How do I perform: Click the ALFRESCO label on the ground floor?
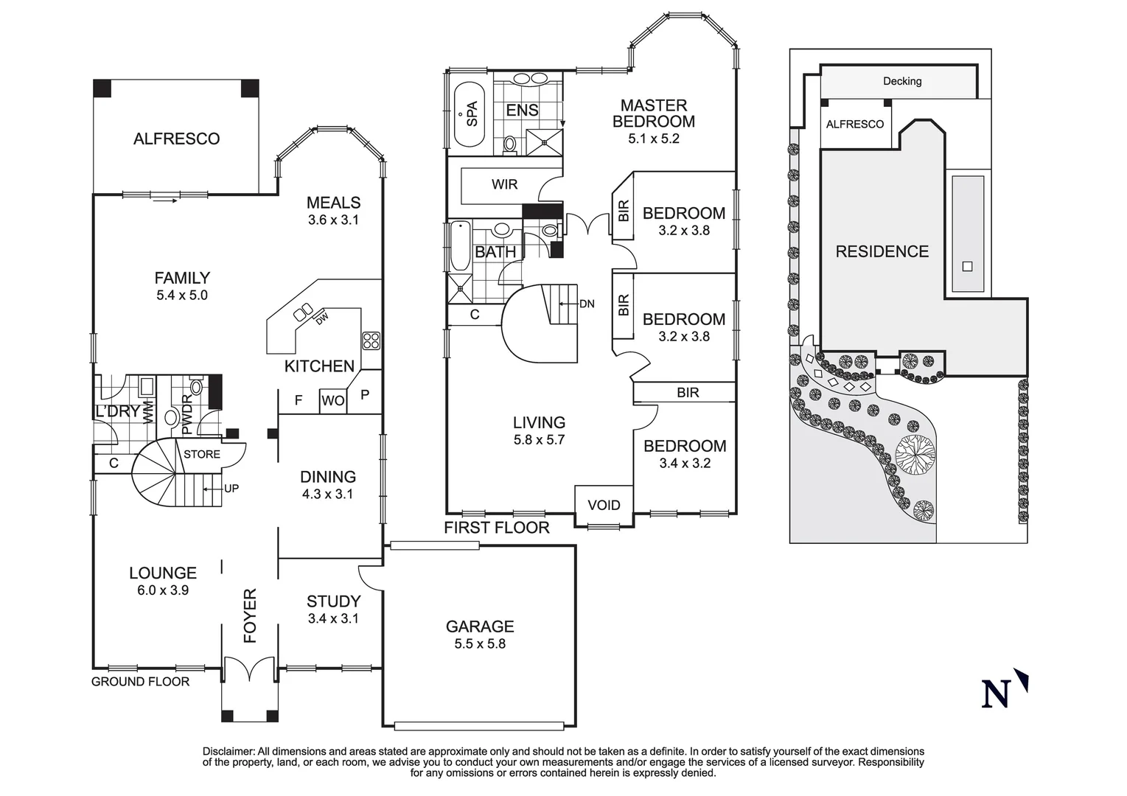pyautogui.click(x=176, y=139)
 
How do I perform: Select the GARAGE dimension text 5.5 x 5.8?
pyautogui.click(x=480, y=644)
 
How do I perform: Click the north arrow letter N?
pyautogui.click(x=996, y=694)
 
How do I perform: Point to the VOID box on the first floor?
pyautogui.click(x=604, y=505)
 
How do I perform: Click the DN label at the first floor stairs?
pyautogui.click(x=587, y=304)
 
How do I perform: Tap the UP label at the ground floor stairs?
pyautogui.click(x=231, y=488)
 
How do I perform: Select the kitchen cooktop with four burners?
pyautogui.click(x=371, y=341)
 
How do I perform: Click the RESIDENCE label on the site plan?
pyautogui.click(x=882, y=252)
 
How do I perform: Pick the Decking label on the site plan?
pyautogui.click(x=902, y=81)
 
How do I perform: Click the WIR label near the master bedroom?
pyautogui.click(x=504, y=184)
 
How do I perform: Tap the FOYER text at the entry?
pyautogui.click(x=250, y=615)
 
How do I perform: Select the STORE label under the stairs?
pyautogui.click(x=202, y=454)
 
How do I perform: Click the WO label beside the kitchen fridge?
pyautogui.click(x=333, y=401)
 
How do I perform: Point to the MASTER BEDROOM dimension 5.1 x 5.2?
pyautogui.click(x=653, y=139)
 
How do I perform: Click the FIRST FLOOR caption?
pyautogui.click(x=496, y=528)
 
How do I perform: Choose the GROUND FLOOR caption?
pyautogui.click(x=140, y=682)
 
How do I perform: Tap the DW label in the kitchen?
pyautogui.click(x=321, y=319)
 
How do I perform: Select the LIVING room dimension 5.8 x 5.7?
pyautogui.click(x=539, y=440)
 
